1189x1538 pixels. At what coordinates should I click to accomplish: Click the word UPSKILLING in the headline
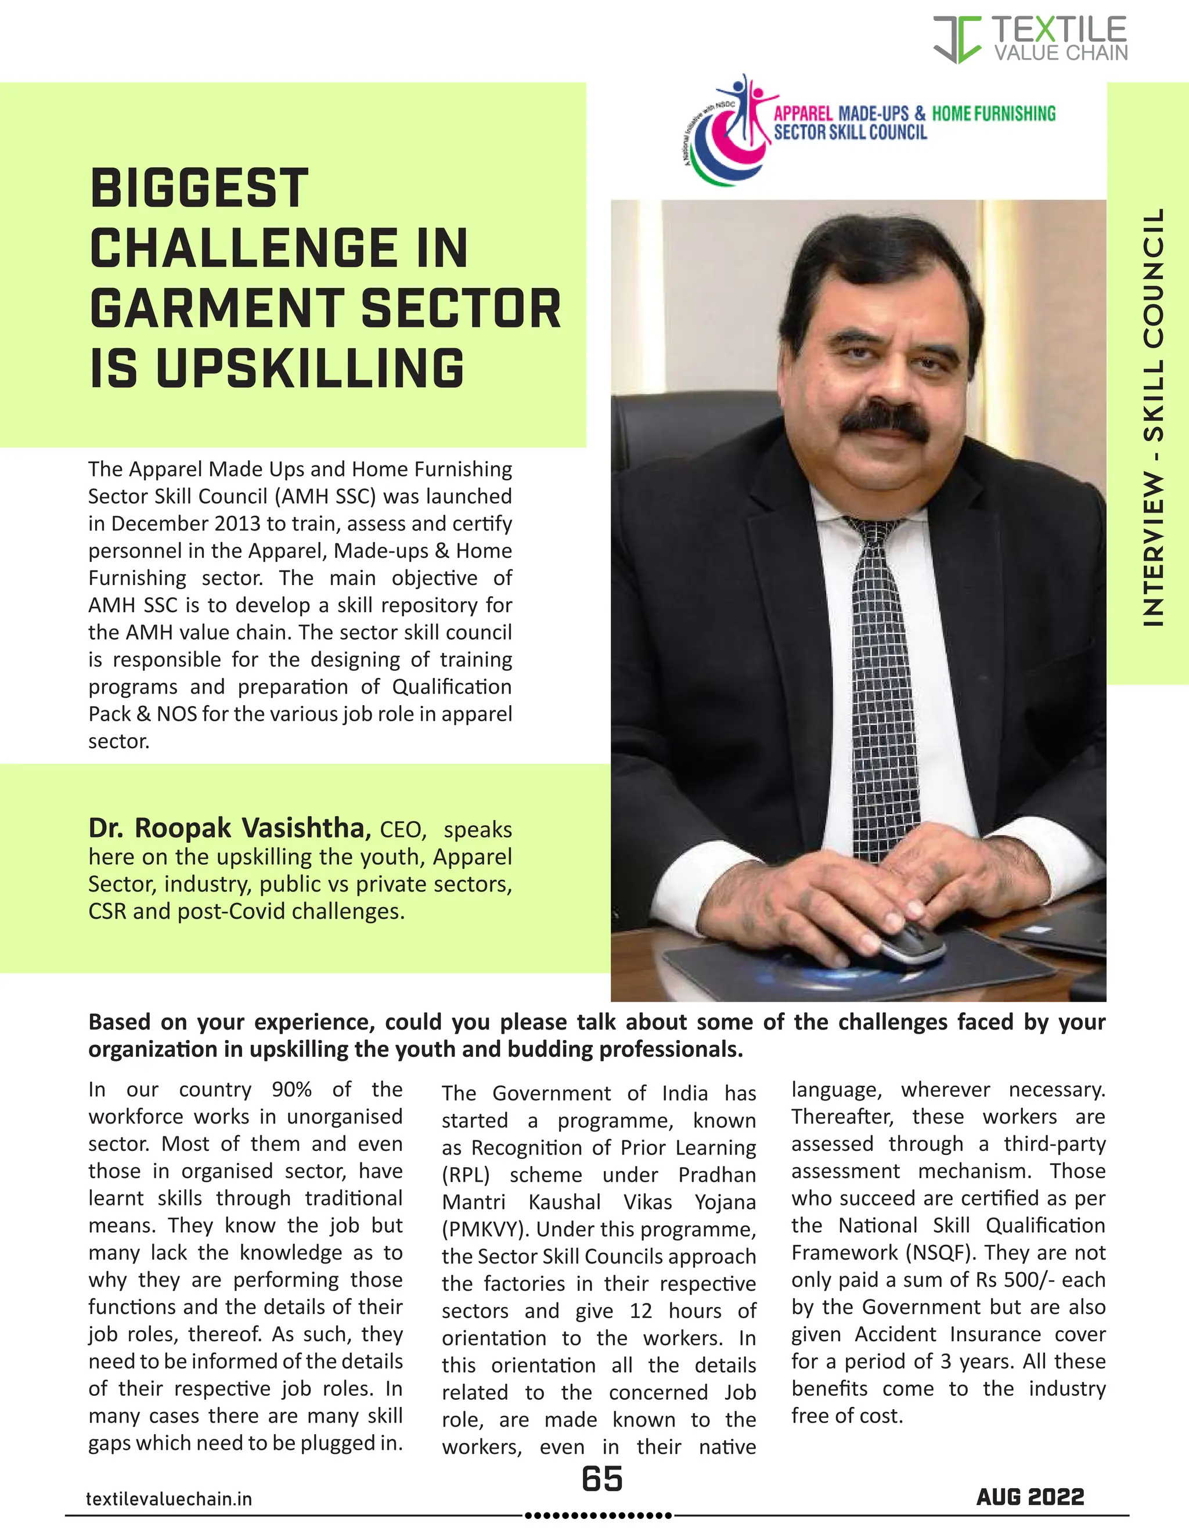(x=310, y=369)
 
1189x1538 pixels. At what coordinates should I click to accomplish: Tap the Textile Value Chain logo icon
(x=957, y=39)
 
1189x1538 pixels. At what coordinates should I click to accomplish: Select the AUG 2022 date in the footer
(x=1030, y=1497)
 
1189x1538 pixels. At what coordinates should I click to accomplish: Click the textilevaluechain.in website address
(x=169, y=1499)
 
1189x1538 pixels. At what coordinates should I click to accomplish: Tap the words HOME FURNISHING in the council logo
(x=993, y=113)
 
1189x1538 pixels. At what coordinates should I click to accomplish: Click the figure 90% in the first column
(x=291, y=1089)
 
